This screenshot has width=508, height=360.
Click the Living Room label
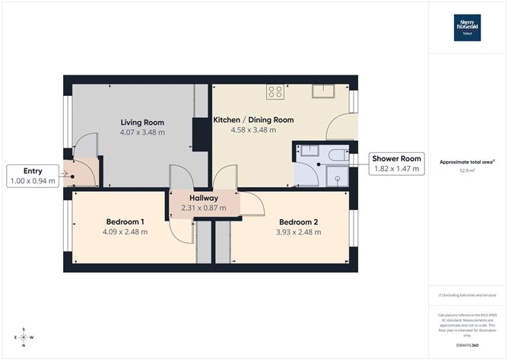142,122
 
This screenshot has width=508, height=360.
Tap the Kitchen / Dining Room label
253,120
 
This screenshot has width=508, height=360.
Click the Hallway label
205,197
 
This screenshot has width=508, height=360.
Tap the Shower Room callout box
395,164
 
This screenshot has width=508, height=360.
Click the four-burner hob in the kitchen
275,93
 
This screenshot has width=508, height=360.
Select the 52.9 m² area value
467,171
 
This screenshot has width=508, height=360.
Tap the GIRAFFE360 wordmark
467,345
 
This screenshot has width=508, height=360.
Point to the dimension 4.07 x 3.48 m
142,132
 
